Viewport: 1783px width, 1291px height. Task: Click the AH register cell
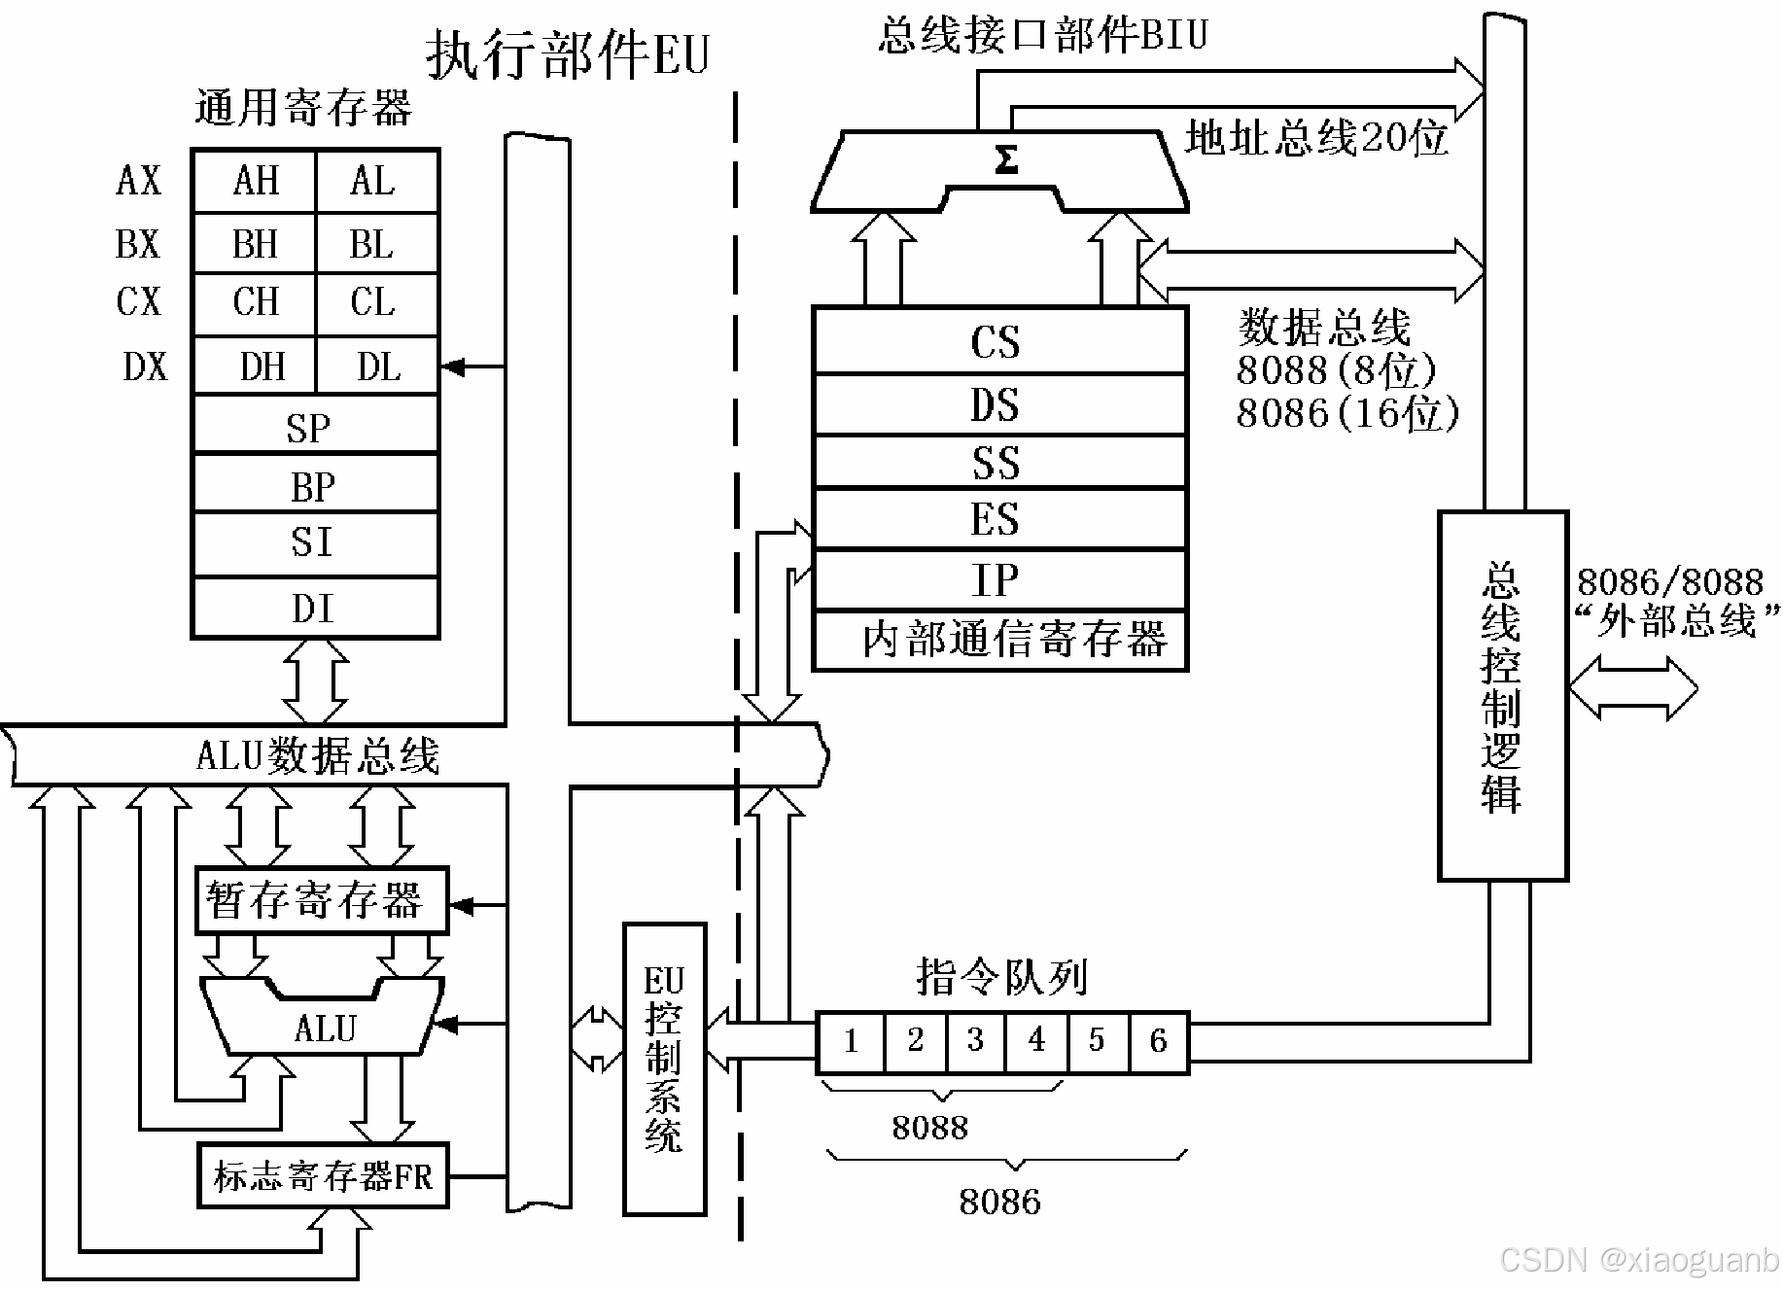(x=255, y=181)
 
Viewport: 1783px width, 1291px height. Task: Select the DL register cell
(x=378, y=366)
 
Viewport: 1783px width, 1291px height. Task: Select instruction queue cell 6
(x=1158, y=1041)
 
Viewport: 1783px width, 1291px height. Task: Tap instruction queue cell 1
(x=851, y=1041)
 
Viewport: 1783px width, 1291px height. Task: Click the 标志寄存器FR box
(x=323, y=1176)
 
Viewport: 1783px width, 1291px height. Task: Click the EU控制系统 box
(x=664, y=1068)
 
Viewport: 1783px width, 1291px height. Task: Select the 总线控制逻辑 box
(x=1502, y=695)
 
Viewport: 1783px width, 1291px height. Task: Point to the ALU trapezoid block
(x=323, y=1026)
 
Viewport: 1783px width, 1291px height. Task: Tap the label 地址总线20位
(x=1317, y=138)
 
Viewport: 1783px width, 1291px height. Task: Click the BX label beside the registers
(x=137, y=243)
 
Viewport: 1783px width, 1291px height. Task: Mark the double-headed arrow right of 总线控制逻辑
(x=1633, y=688)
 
